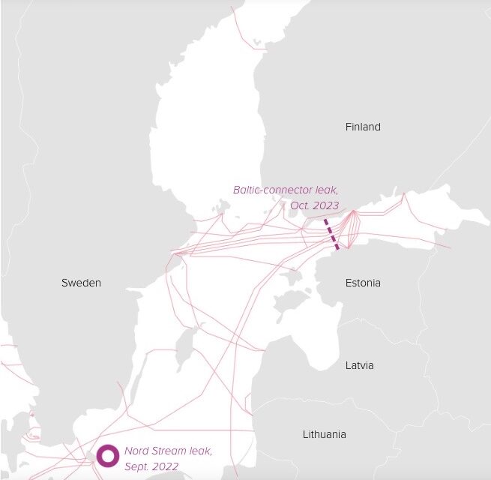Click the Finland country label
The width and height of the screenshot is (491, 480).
point(363,127)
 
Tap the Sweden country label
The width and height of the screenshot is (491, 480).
point(81,283)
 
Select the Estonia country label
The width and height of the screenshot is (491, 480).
point(363,283)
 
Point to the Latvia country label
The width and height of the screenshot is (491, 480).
point(359,365)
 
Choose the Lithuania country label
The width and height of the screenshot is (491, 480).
point(325,434)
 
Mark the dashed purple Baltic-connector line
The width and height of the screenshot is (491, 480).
point(331,234)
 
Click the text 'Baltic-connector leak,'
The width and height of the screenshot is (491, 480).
point(286,190)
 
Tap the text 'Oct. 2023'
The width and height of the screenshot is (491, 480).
point(314,205)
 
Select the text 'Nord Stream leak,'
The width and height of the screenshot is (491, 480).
point(168,451)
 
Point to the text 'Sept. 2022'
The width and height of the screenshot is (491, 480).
point(151,466)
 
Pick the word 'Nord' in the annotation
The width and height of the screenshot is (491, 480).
point(136,451)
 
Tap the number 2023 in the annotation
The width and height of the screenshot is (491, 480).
point(326,205)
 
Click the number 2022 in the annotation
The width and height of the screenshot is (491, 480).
point(166,466)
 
